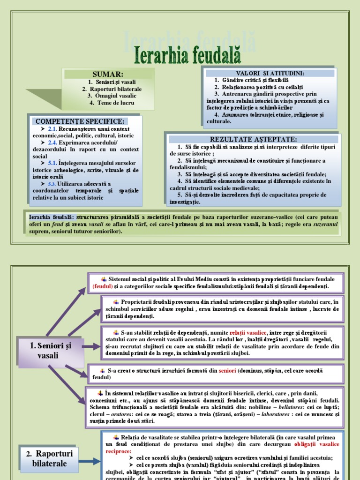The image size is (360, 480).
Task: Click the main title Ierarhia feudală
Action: [x=187, y=55]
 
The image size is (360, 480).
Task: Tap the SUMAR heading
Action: [x=108, y=75]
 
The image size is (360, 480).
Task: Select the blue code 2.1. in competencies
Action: [x=52, y=129]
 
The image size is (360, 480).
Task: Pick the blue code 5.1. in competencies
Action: [x=52, y=163]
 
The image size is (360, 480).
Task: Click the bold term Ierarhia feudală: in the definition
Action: [x=51, y=217]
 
